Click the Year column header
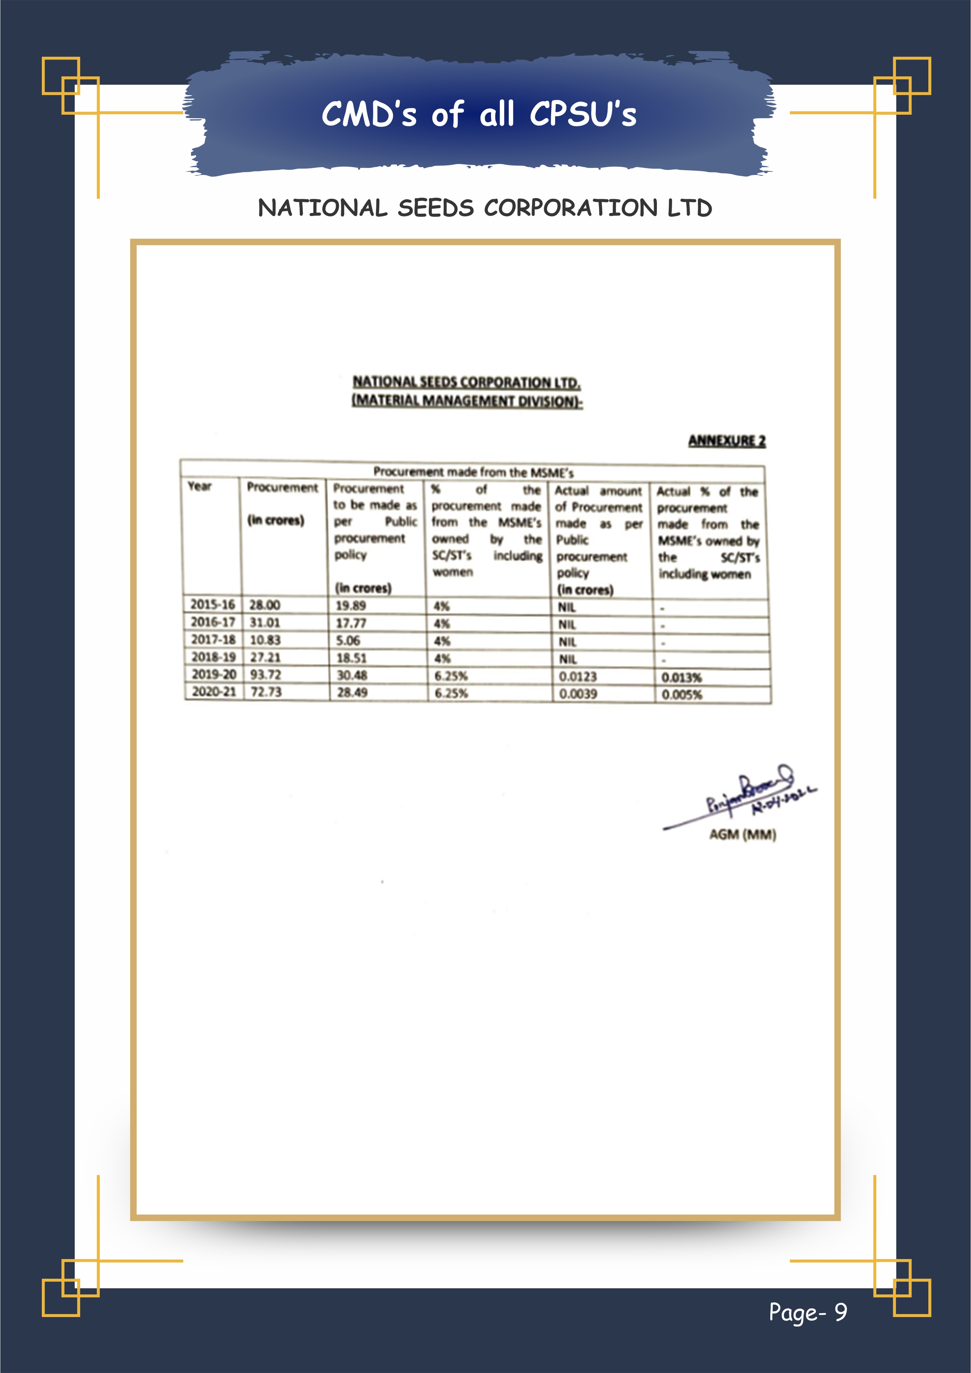click(x=200, y=486)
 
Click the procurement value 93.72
click(x=266, y=674)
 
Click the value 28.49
click(x=352, y=692)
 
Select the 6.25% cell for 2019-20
click(x=451, y=676)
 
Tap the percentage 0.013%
click(x=681, y=677)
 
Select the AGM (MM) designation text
click(x=743, y=834)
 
